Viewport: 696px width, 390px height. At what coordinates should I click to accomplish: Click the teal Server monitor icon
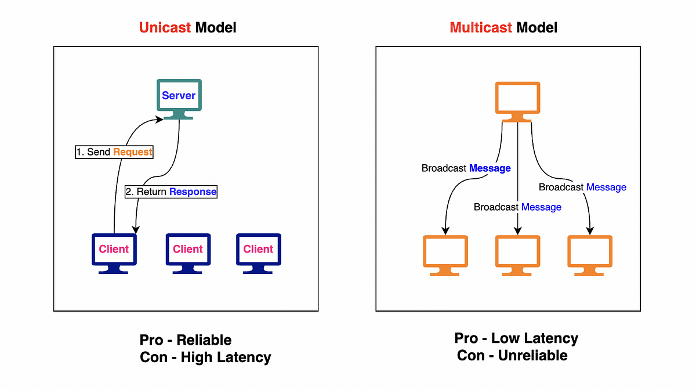(179, 99)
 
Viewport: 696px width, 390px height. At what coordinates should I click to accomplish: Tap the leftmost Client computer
(114, 254)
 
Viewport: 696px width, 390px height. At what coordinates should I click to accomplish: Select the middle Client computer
(188, 254)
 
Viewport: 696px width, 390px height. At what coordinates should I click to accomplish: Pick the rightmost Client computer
(259, 254)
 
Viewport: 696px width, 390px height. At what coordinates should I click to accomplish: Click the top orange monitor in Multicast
(517, 102)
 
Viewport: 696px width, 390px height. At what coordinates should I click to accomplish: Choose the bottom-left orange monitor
(445, 255)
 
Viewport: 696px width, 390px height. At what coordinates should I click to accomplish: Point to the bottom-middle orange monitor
(517, 255)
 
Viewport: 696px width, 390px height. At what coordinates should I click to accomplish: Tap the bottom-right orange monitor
(590, 255)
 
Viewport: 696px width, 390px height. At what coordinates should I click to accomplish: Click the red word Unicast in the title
(165, 28)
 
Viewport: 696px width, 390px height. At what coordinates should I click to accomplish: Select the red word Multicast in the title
(481, 28)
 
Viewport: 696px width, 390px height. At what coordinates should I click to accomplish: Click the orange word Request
(132, 152)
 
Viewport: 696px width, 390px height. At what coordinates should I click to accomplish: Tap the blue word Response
(193, 192)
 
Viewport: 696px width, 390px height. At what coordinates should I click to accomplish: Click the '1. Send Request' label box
(114, 152)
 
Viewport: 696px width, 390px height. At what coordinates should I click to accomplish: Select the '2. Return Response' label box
(171, 192)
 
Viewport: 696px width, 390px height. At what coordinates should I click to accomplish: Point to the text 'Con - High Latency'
(205, 358)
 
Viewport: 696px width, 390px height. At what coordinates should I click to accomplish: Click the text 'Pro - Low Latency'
(516, 338)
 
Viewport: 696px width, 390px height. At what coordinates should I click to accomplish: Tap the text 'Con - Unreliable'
(512, 356)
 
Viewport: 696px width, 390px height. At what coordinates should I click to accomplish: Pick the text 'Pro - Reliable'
(186, 340)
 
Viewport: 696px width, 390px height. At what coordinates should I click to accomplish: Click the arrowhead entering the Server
(159, 120)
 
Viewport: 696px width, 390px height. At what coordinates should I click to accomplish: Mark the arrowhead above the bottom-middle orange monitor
(517, 231)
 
